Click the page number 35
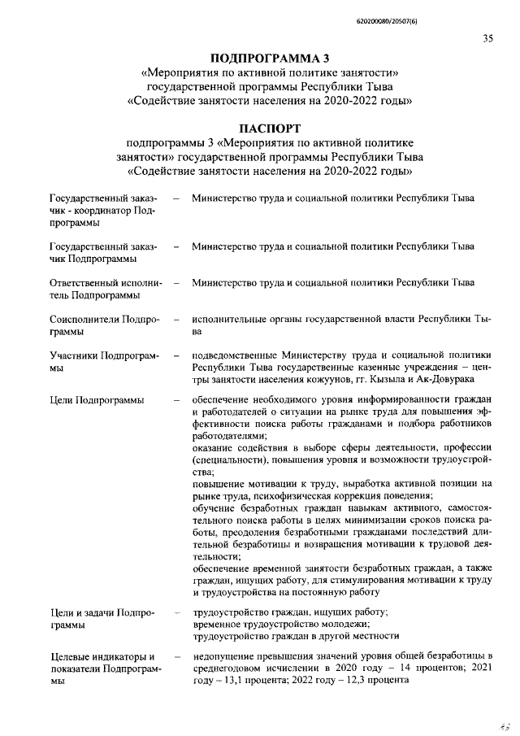(x=487, y=38)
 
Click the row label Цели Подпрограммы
(x=97, y=400)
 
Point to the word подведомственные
(x=236, y=356)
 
